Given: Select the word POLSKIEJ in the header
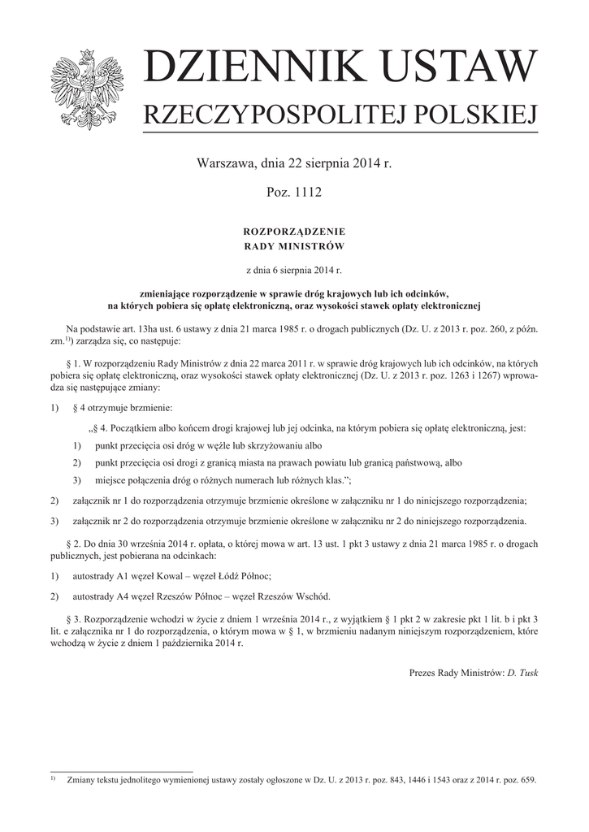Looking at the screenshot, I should (473, 116).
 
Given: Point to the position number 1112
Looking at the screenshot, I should (307, 193).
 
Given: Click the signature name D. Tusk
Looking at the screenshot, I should (522, 673).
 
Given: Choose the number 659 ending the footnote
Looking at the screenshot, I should (528, 781).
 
